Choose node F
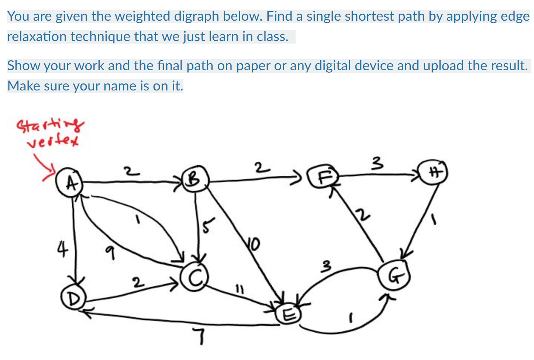tap(324, 177)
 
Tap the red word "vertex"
tap(53, 141)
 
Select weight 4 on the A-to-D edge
tap(62, 249)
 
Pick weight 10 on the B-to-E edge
tap(254, 244)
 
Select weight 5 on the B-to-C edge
tap(208, 226)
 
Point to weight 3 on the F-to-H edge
tap(376, 162)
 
